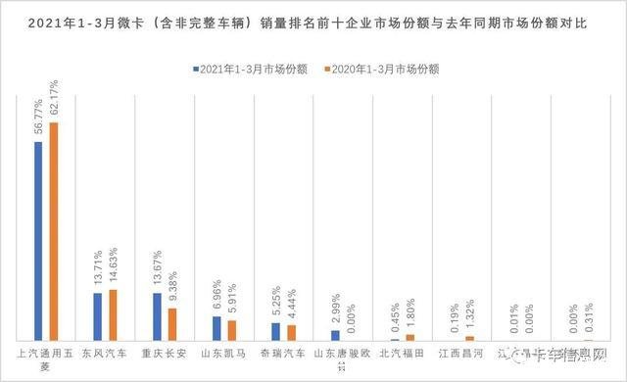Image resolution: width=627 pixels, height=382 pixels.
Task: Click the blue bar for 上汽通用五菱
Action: [38, 241]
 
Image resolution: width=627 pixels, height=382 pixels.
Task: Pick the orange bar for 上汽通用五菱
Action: [55, 231]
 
